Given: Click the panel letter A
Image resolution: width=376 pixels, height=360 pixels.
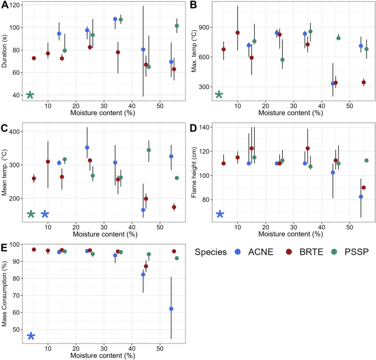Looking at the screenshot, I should click(5, 6).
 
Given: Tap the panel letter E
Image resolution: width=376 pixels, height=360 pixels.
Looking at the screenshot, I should click(5, 249).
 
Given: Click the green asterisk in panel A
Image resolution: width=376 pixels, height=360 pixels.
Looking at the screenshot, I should click(30, 95).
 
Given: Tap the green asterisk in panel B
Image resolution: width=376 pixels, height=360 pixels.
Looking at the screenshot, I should click(219, 95).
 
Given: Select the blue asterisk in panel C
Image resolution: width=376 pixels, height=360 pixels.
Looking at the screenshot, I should click(45, 214).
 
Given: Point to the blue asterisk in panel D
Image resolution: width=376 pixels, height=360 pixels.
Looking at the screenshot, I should click(220, 214).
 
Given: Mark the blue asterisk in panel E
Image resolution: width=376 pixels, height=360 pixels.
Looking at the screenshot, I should click(31, 336).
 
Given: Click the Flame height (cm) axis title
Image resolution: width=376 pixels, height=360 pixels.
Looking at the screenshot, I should click(195, 172).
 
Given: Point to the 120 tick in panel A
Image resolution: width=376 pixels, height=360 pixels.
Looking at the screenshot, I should click(15, 5).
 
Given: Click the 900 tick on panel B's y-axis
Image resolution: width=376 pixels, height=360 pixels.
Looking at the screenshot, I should click(205, 27).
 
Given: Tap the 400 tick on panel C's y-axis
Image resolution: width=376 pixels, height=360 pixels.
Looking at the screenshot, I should click(15, 132).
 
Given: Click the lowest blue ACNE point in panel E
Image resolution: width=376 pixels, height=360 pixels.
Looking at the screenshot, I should click(171, 309).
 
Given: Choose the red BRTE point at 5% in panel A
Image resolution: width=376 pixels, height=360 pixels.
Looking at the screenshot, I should click(34, 58).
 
